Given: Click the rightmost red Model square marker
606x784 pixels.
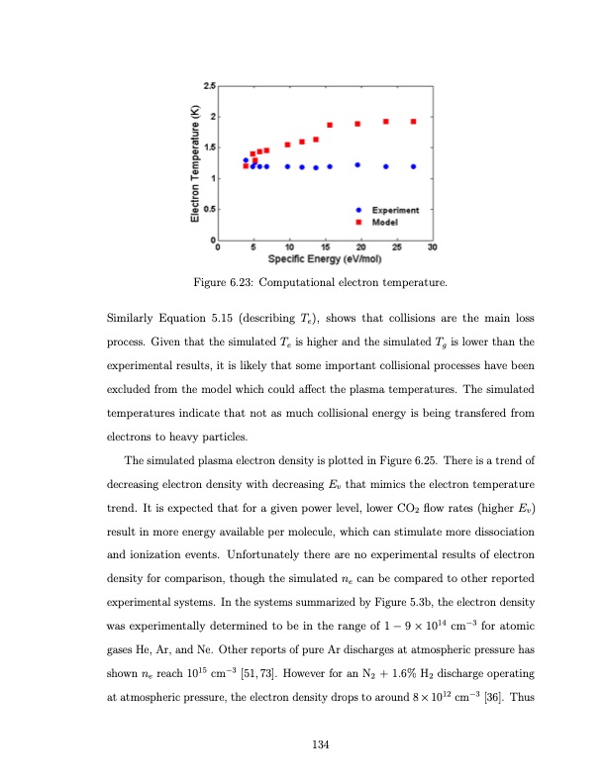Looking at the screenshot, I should click(x=413, y=122).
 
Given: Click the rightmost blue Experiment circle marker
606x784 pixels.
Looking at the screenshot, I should click(x=413, y=166).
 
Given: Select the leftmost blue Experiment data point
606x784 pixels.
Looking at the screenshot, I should click(x=246, y=160).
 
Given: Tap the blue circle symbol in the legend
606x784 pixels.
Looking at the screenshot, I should click(x=362, y=210).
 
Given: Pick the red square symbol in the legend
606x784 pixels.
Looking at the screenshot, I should click(x=362, y=221).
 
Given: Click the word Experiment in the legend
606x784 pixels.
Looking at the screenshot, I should click(x=395, y=210).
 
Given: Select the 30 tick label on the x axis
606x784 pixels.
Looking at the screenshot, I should click(x=433, y=246).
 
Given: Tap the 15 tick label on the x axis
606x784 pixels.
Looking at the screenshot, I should click(x=325, y=246).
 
